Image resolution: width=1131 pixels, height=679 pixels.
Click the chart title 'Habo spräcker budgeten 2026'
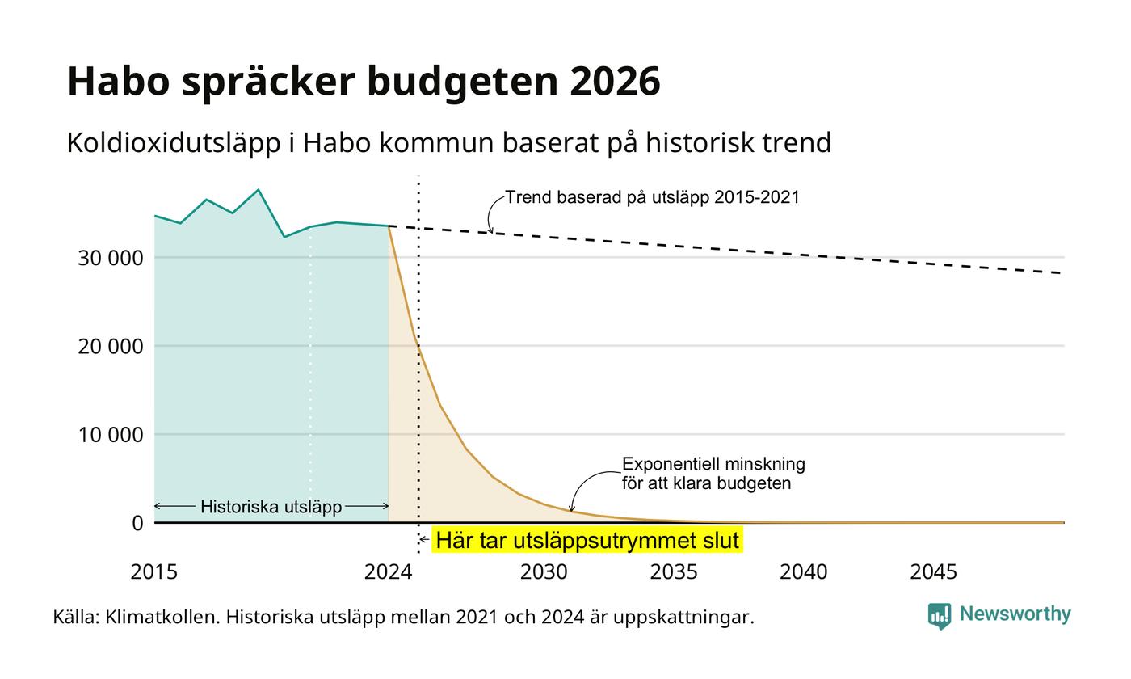364,82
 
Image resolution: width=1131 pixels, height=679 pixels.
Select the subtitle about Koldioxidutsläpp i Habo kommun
449,143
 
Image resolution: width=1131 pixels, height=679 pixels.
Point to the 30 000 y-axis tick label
111,258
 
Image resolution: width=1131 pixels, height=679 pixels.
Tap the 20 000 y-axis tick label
111,347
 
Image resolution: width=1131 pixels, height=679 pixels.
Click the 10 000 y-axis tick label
111,435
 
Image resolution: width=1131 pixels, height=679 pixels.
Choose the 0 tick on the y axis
138,524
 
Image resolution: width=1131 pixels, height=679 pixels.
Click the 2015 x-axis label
154,572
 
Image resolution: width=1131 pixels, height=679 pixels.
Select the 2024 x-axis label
389,572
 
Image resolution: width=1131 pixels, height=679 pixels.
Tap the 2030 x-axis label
544,572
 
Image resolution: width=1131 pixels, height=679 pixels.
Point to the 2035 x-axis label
674,572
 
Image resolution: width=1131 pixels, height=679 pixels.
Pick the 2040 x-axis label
803,572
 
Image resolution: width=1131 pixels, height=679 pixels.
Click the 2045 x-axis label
933,572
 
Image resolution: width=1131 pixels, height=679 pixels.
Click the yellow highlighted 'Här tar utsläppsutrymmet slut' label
587,541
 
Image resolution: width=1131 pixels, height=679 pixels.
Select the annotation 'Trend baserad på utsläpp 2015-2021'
653,197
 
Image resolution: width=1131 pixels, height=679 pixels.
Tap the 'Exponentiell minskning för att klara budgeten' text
713,474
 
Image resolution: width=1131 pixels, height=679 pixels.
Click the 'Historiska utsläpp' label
271,507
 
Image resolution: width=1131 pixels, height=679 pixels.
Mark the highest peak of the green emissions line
259,189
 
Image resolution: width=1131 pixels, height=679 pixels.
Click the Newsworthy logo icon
939,616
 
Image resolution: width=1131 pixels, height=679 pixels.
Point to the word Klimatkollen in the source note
162,618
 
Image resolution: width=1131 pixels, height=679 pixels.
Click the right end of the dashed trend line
1064,273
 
